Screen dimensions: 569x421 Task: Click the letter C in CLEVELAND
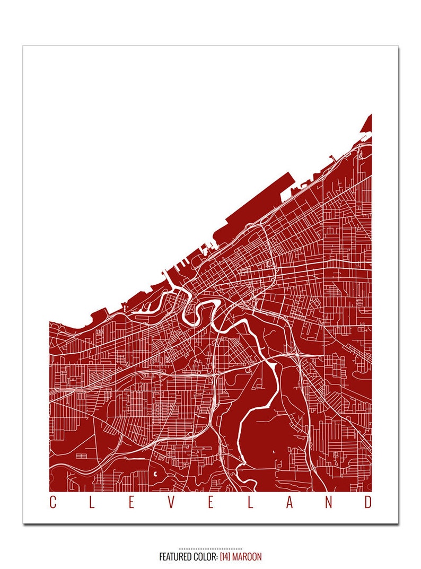click(52, 503)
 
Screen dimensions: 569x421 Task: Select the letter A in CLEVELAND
click(290, 503)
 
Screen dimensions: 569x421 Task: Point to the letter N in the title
click(329, 503)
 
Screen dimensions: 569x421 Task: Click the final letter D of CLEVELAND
click(368, 503)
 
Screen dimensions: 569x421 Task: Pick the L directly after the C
click(92, 503)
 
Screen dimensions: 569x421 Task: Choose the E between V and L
click(210, 503)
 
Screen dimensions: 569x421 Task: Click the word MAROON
click(248, 557)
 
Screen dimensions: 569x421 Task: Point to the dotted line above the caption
click(210, 548)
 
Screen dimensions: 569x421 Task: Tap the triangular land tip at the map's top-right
click(367, 124)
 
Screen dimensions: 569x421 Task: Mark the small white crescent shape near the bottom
click(155, 473)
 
